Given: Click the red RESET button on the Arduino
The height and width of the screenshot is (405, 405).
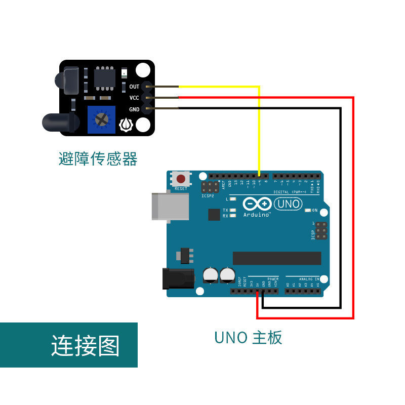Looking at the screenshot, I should (x=181, y=179).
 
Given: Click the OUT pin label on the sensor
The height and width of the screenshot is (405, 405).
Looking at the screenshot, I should (x=134, y=87).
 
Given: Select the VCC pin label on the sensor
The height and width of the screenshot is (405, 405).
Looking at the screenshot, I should (x=134, y=98).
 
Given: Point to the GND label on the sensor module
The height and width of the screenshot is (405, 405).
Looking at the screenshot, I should (x=134, y=109).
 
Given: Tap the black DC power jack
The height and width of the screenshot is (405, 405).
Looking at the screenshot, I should (x=177, y=279).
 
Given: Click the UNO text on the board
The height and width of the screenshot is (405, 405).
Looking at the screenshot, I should (x=288, y=204).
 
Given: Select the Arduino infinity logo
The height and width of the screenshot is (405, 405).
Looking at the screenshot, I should (x=257, y=204).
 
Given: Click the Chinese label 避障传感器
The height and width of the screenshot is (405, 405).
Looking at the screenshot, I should (x=98, y=159).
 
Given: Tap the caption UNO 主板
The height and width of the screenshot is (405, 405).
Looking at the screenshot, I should (x=248, y=337).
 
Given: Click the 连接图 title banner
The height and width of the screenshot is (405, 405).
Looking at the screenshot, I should (x=85, y=346).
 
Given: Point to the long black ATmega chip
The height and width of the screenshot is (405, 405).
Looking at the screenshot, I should (x=276, y=258).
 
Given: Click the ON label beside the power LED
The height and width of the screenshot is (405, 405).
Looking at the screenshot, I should (x=315, y=210).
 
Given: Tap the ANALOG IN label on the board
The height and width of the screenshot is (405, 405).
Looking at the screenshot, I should (x=309, y=279).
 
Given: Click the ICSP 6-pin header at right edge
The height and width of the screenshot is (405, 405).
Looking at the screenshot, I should (x=321, y=231).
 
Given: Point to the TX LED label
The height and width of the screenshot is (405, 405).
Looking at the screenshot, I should (x=226, y=210).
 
